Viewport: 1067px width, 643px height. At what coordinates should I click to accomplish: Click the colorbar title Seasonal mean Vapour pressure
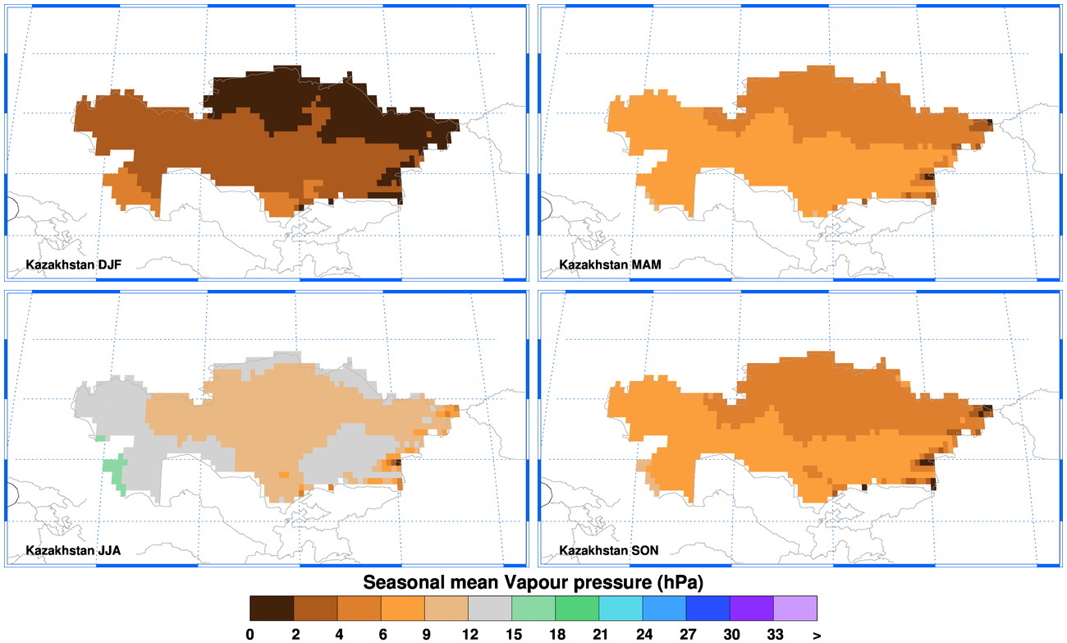click(x=534, y=582)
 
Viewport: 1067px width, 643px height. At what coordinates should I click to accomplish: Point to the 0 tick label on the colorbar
click(x=250, y=634)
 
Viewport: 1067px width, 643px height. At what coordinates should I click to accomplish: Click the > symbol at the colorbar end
click(x=817, y=634)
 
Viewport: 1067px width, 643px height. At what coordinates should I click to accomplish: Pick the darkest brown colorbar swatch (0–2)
click(x=272, y=608)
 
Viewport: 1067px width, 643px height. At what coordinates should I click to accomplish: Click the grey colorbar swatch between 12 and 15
click(x=490, y=608)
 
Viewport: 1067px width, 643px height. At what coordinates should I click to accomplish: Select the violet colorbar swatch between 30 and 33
click(x=752, y=608)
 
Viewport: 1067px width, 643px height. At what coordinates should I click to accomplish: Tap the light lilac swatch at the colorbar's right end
click(x=795, y=608)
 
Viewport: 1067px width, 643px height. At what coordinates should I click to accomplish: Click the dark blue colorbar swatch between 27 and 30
click(x=708, y=608)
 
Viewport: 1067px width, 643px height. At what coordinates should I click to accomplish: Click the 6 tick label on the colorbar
click(x=381, y=634)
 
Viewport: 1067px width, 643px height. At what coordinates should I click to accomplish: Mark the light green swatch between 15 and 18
click(x=533, y=608)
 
